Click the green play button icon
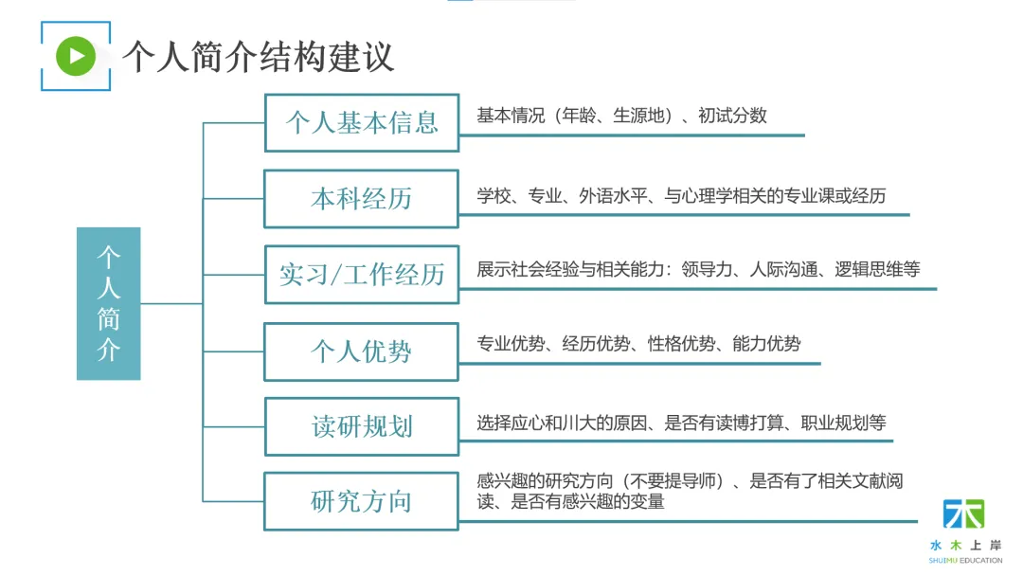pyautogui.click(x=76, y=56)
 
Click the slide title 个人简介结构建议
pyautogui.click(x=258, y=57)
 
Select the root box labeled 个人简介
pyautogui.click(x=108, y=303)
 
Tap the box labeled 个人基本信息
pyautogui.click(x=361, y=122)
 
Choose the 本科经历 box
pyautogui.click(x=361, y=199)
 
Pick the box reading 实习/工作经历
pyautogui.click(x=361, y=275)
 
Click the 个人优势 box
pyautogui.click(x=361, y=351)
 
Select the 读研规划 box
pyautogui.click(x=361, y=426)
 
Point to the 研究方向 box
pyautogui.click(x=361, y=501)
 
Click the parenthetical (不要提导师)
pyautogui.click(x=668, y=481)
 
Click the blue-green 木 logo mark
pyautogui.click(x=963, y=514)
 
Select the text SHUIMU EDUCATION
pyautogui.click(x=965, y=560)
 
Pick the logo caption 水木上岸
pyautogui.click(x=965, y=546)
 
